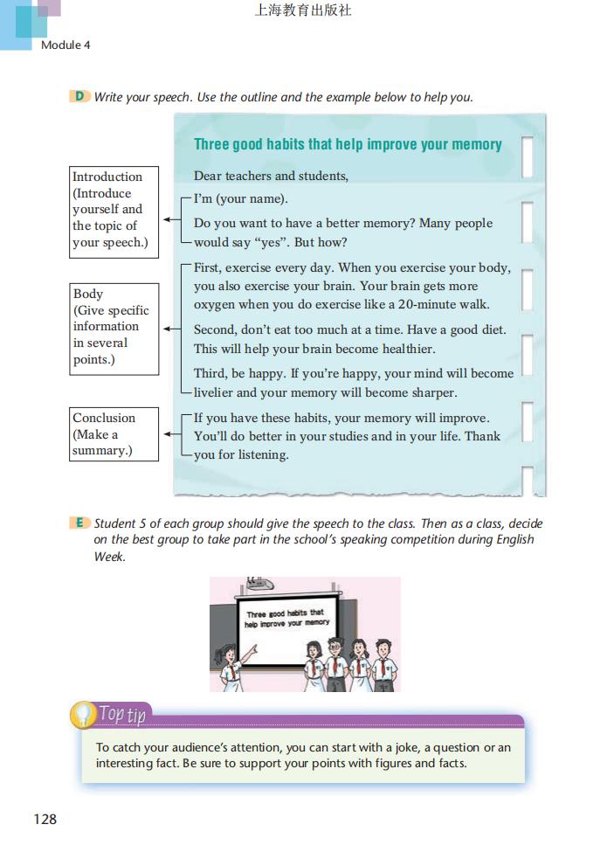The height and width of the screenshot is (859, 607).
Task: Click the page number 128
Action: (x=45, y=819)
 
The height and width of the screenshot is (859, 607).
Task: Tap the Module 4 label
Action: (x=66, y=45)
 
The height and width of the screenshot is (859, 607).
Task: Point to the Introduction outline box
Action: (x=114, y=210)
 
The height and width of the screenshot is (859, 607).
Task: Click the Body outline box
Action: (x=114, y=328)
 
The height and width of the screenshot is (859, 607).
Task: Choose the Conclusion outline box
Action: (x=114, y=433)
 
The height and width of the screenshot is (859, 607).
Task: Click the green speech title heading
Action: (x=348, y=144)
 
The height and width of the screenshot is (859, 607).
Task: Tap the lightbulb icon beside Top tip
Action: (x=83, y=715)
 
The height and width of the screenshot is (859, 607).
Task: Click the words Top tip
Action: (x=122, y=714)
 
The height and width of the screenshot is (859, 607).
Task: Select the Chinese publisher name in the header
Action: (x=303, y=11)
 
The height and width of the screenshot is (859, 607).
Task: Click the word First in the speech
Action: (x=209, y=267)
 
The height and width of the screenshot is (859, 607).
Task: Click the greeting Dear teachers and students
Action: (x=271, y=176)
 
